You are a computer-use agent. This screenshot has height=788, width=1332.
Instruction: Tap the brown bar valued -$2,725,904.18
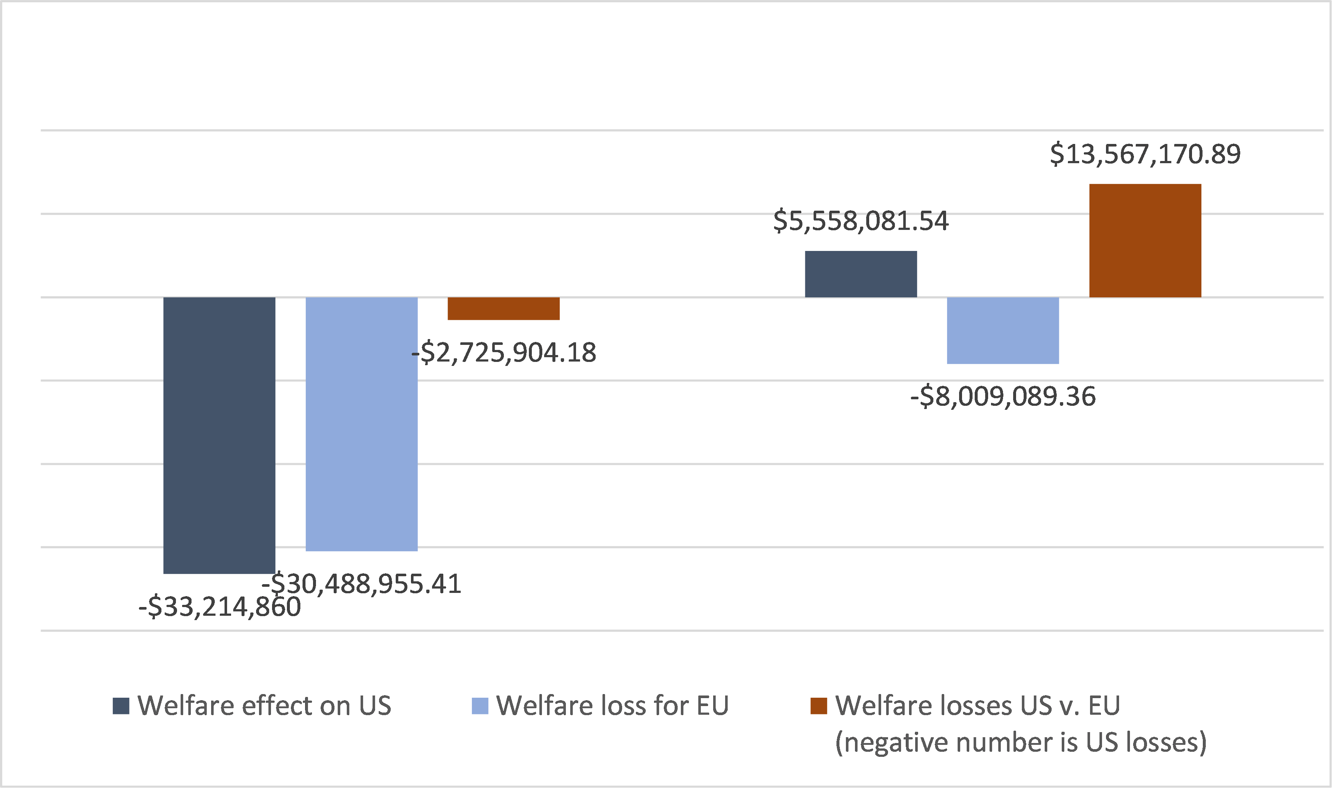(x=503, y=309)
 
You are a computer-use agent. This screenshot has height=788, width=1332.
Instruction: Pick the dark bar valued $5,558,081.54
(x=861, y=274)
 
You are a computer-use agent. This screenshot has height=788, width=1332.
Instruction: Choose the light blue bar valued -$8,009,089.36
(x=1003, y=330)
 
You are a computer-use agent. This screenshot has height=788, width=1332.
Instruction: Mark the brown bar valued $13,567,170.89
(x=1145, y=240)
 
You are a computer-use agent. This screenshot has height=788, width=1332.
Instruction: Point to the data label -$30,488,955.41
(x=361, y=583)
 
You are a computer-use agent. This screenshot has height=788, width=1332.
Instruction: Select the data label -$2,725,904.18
(x=503, y=352)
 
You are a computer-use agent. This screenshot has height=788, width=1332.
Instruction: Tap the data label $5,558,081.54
(x=861, y=221)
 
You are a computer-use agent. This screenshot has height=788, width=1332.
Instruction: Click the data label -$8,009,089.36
(x=1003, y=397)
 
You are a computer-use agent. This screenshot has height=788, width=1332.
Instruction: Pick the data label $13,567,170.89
(x=1145, y=154)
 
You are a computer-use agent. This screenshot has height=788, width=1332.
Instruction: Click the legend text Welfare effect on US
(x=264, y=706)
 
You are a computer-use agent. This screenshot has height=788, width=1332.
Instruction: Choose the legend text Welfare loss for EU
(x=612, y=706)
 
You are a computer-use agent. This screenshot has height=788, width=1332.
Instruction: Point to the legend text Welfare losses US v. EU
(x=978, y=706)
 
